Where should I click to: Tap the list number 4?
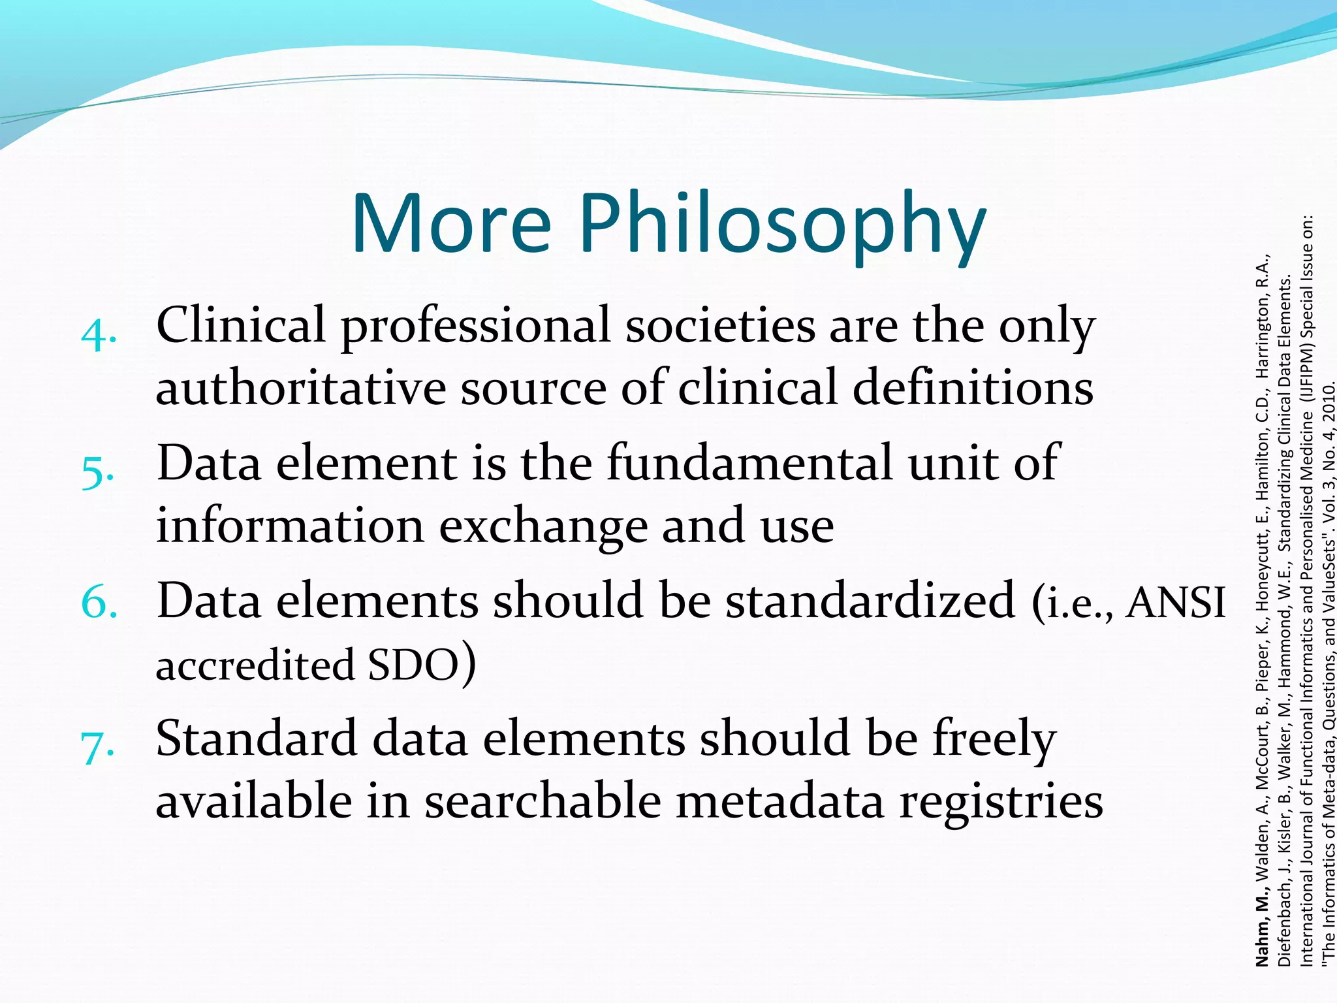pos(99,336)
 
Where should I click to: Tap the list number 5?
pos(99,473)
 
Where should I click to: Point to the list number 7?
pos(98,747)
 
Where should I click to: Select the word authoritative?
pos(301,388)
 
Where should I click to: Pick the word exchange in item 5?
pos(543,526)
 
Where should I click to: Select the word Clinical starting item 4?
pos(241,326)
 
